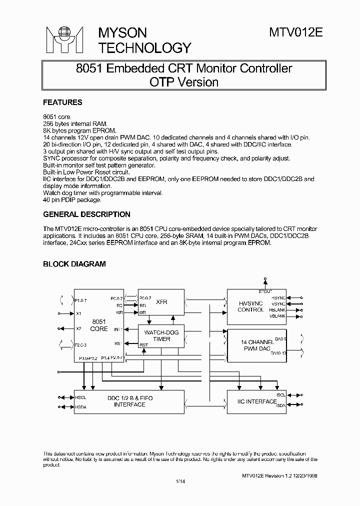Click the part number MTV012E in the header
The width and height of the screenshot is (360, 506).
click(296, 33)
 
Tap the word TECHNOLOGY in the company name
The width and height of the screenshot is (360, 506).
click(144, 48)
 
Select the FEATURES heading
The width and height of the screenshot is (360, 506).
click(62, 102)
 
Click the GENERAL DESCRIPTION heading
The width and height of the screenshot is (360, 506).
click(87, 214)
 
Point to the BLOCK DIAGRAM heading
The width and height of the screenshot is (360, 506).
click(74, 264)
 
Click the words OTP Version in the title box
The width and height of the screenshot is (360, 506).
click(184, 81)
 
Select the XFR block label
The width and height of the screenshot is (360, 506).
click(161, 302)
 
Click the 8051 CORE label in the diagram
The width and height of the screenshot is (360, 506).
click(98, 325)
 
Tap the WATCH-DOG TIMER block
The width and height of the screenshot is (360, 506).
click(157, 336)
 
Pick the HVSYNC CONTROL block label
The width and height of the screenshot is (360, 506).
click(250, 306)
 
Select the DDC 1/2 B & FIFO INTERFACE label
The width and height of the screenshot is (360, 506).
click(129, 401)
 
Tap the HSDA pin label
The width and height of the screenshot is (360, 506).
click(80, 407)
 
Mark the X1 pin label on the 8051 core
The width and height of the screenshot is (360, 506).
click(78, 313)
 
